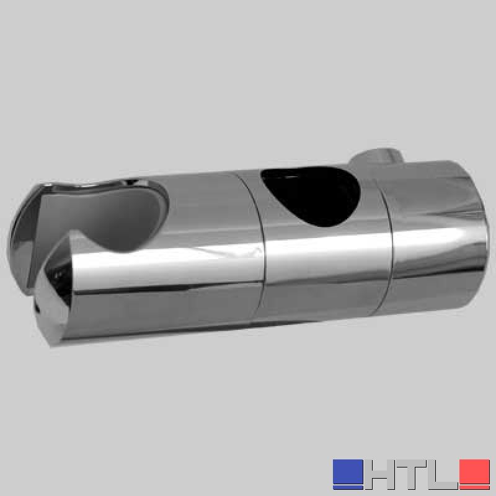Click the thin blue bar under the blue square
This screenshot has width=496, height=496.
[348, 487]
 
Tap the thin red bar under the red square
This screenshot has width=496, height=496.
[474, 487]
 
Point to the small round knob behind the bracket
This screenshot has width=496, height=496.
[378, 158]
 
